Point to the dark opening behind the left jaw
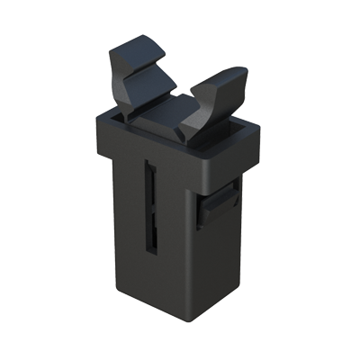pos(115,114)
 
